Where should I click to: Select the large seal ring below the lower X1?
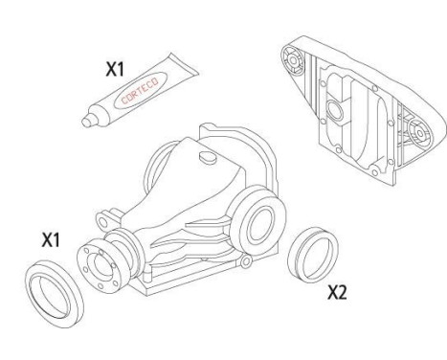pos(54,291)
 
